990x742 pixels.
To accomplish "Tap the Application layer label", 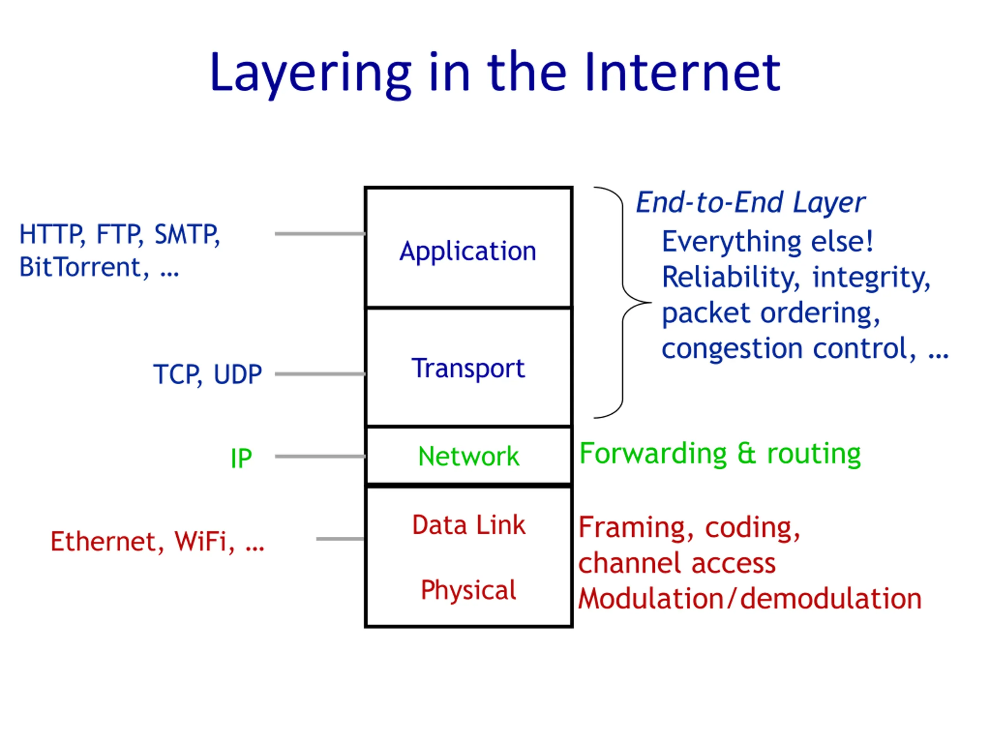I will click(468, 251).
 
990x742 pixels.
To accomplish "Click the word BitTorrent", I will click(80, 267).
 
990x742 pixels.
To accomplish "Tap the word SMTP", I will click(187, 234).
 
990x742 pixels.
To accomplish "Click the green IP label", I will click(241, 458).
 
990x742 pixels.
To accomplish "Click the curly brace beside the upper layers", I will click(623, 302).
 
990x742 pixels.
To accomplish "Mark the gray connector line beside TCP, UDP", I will click(320, 374).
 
